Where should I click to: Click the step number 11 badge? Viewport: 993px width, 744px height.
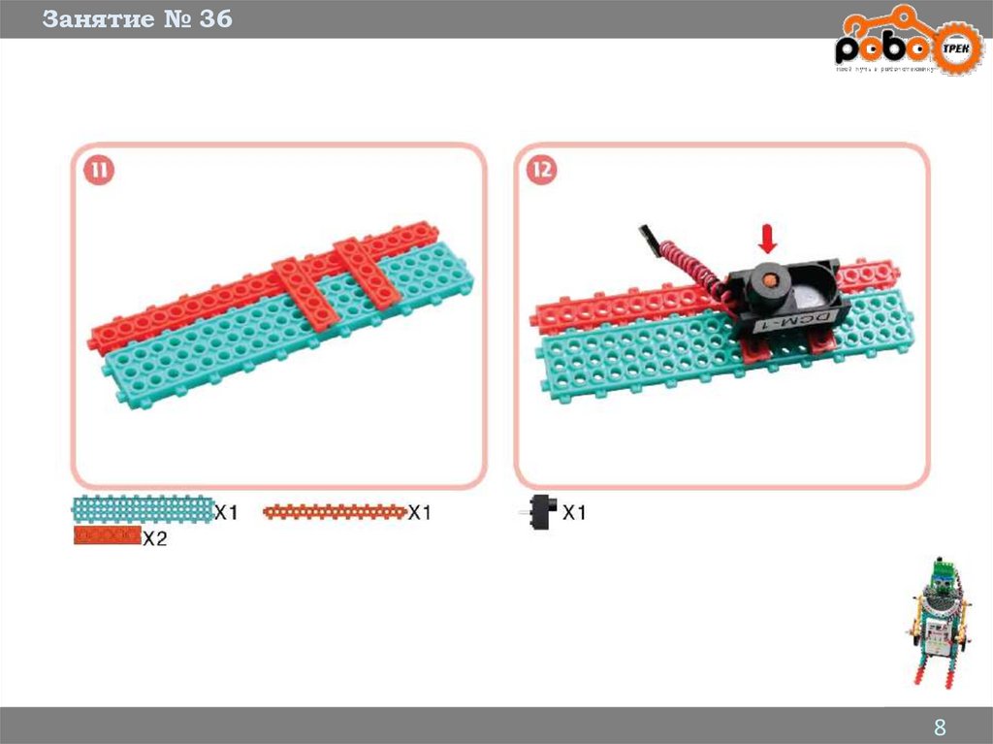tap(99, 172)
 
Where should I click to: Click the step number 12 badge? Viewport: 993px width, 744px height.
tap(542, 172)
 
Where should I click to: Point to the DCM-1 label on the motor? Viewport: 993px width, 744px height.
tap(785, 321)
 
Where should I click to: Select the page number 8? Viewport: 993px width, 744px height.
tap(939, 728)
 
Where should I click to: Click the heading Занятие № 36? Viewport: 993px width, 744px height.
tap(137, 18)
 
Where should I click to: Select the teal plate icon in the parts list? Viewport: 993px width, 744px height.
tap(142, 510)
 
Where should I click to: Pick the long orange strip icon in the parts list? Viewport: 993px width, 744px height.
tap(335, 511)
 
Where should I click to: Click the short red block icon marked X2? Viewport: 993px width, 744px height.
tap(107, 535)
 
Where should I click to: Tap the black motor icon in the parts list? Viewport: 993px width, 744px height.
tap(541, 511)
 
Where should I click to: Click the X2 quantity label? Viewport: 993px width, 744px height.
tap(155, 539)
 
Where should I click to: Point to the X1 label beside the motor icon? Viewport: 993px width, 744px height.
tap(575, 513)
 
